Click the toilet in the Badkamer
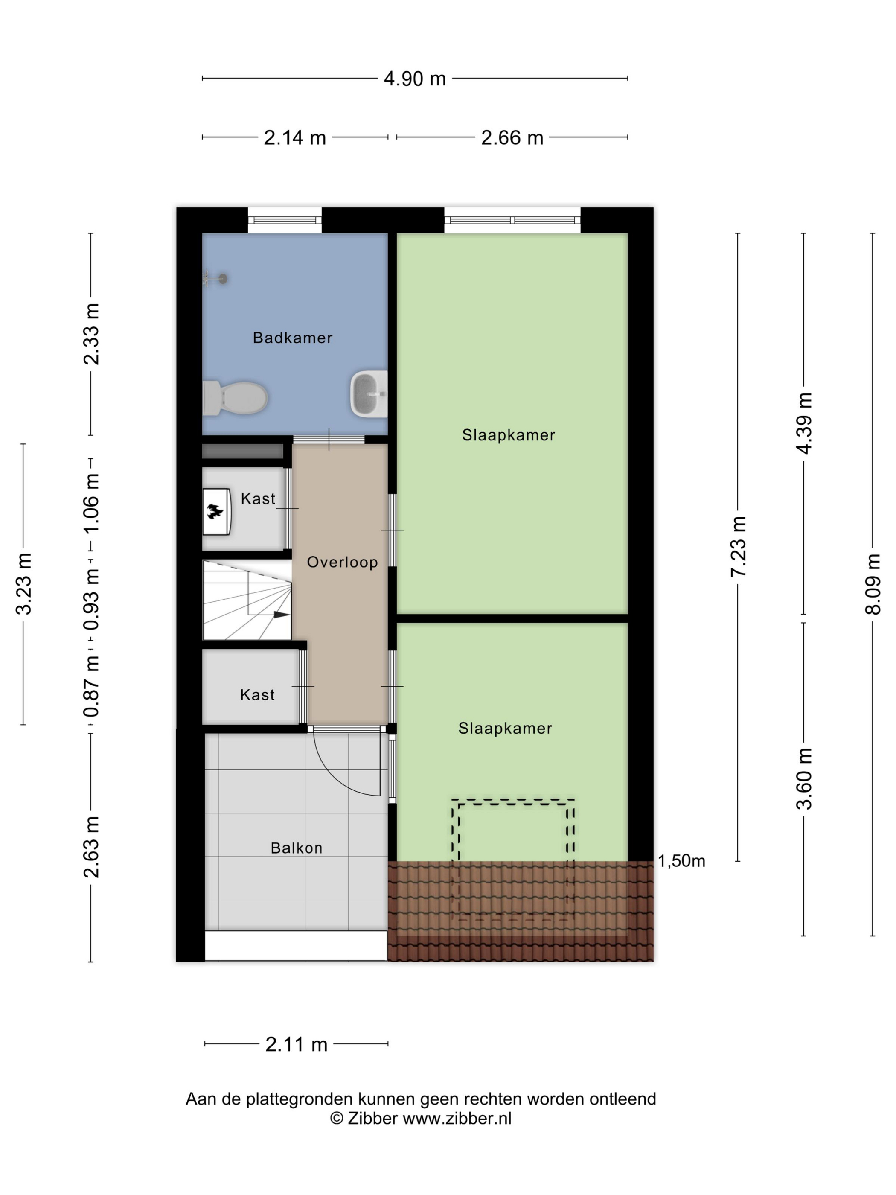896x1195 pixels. click(235, 398)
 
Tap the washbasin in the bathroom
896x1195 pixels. click(369, 394)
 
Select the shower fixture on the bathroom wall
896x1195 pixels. click(215, 279)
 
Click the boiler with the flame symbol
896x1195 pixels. click(217, 512)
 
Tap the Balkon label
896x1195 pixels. click(297, 848)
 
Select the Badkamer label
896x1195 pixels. click(293, 338)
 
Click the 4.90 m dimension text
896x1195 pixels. click(415, 79)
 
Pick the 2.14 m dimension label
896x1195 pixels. click(295, 138)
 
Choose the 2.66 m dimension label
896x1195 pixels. click(512, 138)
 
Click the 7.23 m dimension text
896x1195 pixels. click(738, 547)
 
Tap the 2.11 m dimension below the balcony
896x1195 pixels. click(297, 1044)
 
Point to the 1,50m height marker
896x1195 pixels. click(681, 861)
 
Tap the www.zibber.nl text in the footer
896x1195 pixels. click(457, 1119)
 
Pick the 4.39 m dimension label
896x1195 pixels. click(804, 423)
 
